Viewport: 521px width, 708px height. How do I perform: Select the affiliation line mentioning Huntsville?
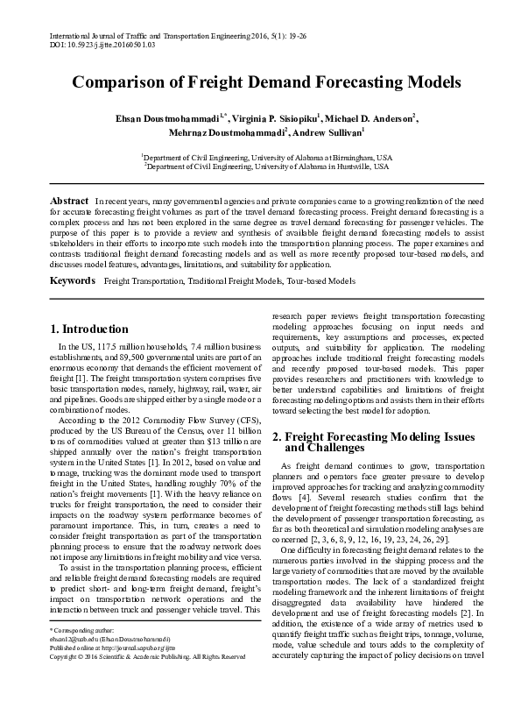coord(268,164)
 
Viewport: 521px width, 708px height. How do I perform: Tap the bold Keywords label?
coord(73,280)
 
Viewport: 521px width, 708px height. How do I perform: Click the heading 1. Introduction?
coord(89,329)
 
